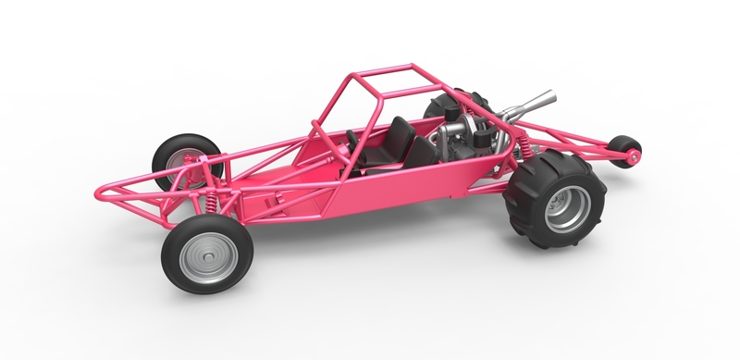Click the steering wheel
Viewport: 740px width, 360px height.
(352, 140)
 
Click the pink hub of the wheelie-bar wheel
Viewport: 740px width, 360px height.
(634, 155)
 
